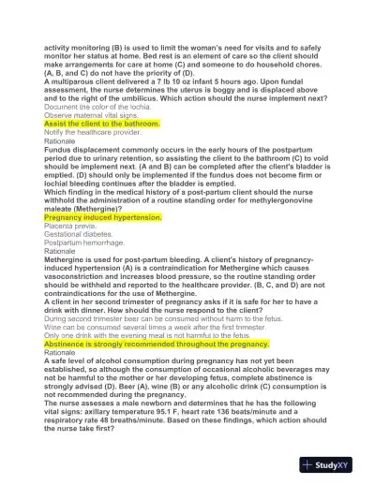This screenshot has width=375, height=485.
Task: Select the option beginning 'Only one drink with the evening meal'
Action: (148, 334)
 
